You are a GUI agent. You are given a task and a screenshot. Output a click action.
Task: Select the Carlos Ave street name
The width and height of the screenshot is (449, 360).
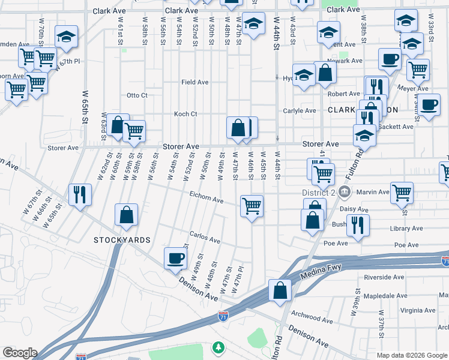[x=205, y=238]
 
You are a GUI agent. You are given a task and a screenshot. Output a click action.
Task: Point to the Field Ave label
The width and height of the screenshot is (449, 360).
[x=195, y=82]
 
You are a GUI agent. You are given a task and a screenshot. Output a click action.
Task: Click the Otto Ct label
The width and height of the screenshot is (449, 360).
[x=137, y=95]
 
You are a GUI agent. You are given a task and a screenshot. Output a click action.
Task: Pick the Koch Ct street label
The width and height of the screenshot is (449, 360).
[x=185, y=114]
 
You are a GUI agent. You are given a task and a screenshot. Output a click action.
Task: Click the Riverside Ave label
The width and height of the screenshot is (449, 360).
[x=384, y=277]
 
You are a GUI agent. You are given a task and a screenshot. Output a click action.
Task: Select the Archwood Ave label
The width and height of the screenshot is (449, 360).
[x=311, y=314]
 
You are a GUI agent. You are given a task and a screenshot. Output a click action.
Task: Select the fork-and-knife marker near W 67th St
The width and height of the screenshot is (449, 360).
[x=80, y=194]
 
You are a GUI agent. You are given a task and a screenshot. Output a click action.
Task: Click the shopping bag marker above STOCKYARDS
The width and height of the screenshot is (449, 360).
[x=126, y=215]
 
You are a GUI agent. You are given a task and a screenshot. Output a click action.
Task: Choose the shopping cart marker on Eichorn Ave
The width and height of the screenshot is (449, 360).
[x=252, y=206]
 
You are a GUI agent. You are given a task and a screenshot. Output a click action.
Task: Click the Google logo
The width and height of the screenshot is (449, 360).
[x=19, y=353]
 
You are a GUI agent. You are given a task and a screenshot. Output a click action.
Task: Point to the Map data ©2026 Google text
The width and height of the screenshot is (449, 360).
[x=411, y=355]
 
